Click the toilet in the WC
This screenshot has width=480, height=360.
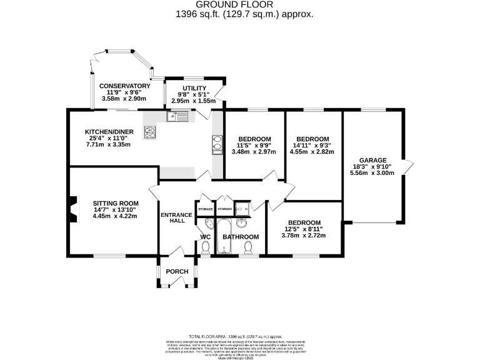[206, 248]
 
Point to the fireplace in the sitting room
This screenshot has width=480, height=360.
[73, 209]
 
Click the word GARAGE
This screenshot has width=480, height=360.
[372, 160]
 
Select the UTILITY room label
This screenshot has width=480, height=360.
[194, 88]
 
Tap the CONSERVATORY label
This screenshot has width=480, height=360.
[124, 86]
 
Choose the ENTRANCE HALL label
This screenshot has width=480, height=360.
[176, 219]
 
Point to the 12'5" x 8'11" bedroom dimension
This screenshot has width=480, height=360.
[304, 229]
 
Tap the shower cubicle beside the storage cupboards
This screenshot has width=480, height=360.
[243, 208]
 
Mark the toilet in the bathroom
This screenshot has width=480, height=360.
[247, 248]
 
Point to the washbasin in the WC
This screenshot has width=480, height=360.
[207, 223]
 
